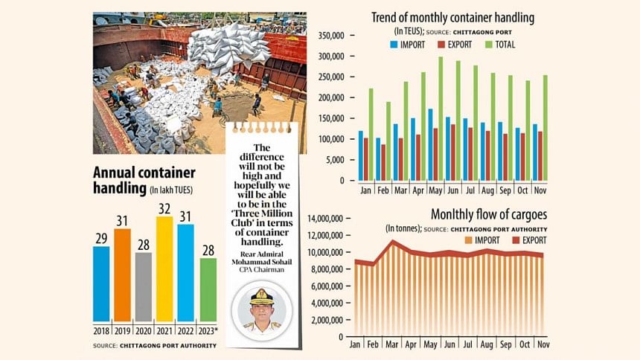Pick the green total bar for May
click(441, 119)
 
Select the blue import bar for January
click(361, 155)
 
